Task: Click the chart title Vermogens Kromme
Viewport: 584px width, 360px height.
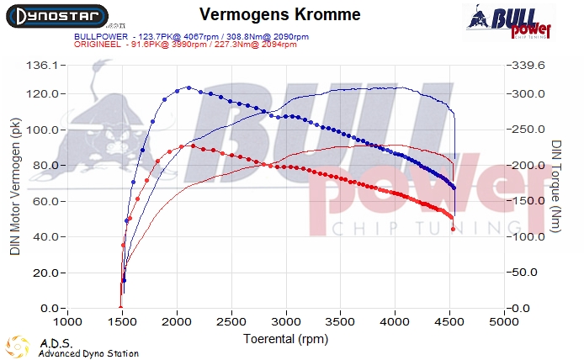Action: tap(280, 14)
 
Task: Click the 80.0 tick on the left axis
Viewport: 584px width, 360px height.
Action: tap(44, 166)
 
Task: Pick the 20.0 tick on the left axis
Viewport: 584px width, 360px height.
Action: tap(44, 273)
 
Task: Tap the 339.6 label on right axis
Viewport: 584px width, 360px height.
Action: tap(530, 65)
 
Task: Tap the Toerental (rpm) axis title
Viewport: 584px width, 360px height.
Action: tap(286, 338)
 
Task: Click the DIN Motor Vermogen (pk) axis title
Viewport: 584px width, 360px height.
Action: tap(14, 187)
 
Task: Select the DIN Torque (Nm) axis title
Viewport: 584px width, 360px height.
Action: tap(556, 187)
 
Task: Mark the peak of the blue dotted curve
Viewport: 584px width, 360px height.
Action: tap(188, 87)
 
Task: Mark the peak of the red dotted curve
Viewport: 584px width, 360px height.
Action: tap(193, 146)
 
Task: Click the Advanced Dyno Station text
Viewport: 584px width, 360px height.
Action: tap(88, 354)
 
